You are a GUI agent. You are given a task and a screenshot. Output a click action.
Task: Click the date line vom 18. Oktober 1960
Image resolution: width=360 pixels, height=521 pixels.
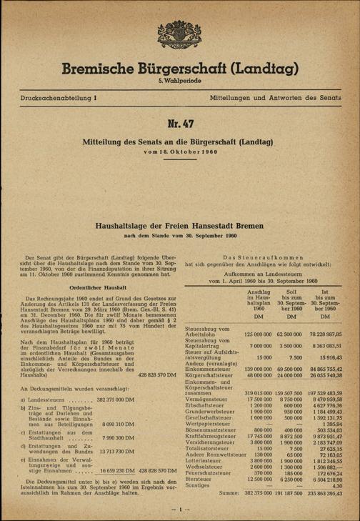tap(179, 153)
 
